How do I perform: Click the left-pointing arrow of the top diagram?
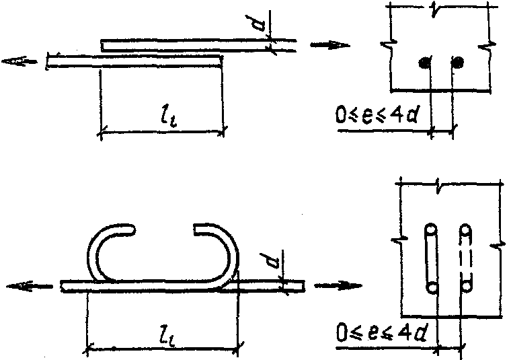[19, 61]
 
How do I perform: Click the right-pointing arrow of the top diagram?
[330, 45]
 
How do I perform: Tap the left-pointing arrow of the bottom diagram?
[29, 286]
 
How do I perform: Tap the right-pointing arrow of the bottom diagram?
[338, 285]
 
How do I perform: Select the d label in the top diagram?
[260, 23]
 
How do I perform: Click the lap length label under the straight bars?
[169, 117]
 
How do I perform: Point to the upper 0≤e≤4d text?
[377, 114]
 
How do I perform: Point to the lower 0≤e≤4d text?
[381, 332]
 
